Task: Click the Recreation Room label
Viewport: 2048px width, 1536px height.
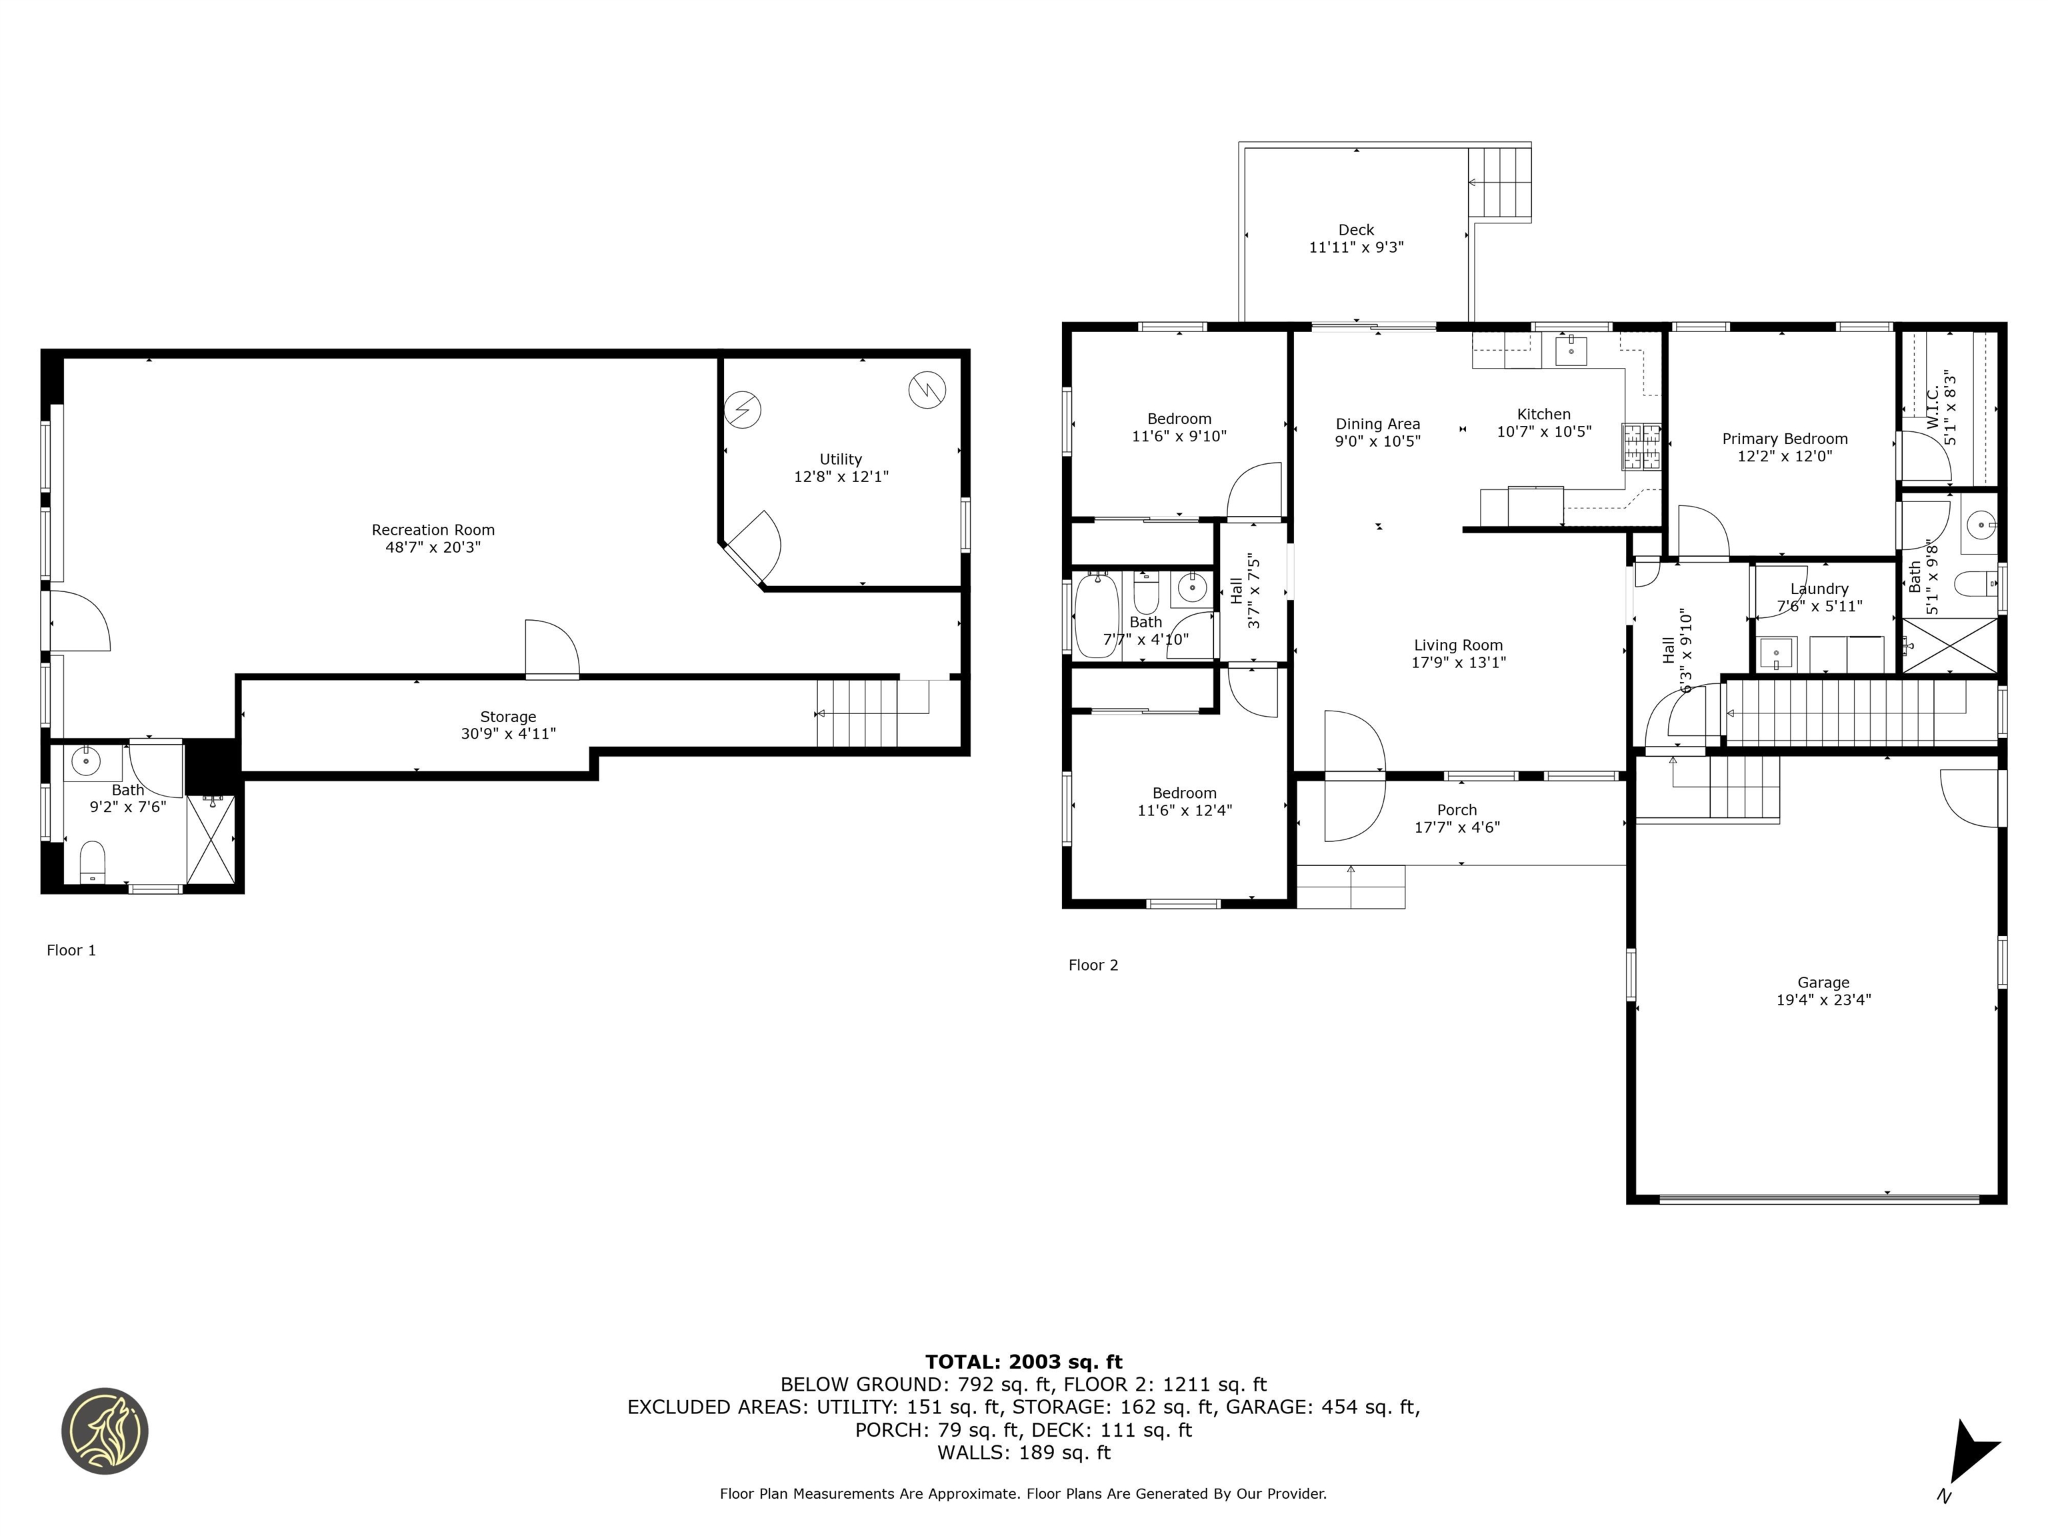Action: [433, 529]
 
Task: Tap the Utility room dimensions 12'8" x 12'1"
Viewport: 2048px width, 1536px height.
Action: [841, 477]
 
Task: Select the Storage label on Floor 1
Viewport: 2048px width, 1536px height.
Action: [507, 717]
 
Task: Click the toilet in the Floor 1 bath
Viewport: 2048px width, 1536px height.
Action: [93, 862]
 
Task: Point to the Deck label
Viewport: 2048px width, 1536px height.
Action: [1357, 229]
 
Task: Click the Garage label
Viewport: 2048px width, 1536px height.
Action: [1823, 983]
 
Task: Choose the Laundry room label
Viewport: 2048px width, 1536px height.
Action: [1819, 589]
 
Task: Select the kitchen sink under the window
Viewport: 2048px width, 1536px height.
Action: [1571, 352]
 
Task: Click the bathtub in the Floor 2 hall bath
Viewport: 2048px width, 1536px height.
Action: [1097, 616]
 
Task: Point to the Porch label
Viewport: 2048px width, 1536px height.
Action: [1457, 810]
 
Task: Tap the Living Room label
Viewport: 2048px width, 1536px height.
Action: [1458, 645]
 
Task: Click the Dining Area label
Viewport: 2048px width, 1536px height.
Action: [1378, 424]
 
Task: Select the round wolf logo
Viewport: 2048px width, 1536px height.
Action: [105, 1431]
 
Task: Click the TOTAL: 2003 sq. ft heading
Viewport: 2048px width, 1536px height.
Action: [1023, 1362]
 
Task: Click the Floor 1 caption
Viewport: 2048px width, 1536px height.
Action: [71, 950]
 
